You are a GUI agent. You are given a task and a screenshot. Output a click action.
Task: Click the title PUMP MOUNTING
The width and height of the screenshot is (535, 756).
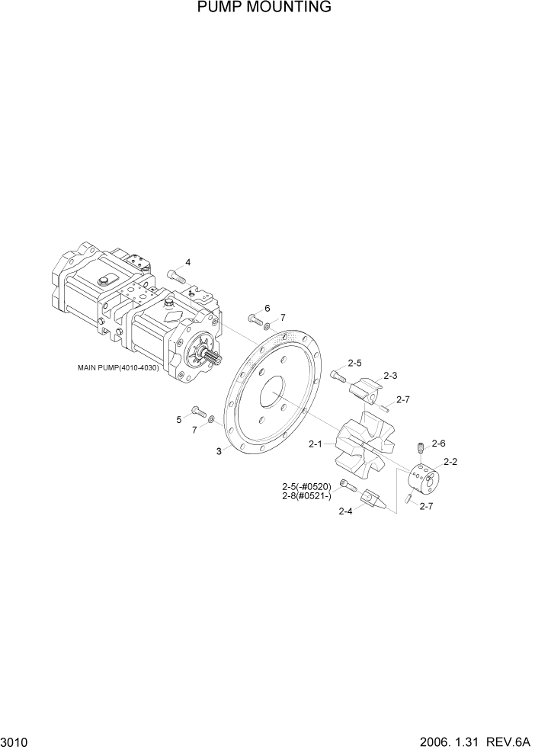click(x=264, y=8)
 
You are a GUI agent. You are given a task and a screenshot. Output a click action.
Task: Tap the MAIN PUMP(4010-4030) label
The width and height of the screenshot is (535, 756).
click(x=118, y=367)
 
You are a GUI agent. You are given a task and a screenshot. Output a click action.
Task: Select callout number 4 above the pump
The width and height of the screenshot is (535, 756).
click(x=188, y=262)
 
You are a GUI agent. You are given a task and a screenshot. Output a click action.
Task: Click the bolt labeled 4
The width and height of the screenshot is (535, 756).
click(x=175, y=276)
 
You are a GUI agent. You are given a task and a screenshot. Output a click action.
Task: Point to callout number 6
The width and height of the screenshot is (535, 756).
click(x=267, y=308)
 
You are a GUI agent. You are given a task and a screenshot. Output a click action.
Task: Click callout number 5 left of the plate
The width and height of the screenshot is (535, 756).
click(x=179, y=419)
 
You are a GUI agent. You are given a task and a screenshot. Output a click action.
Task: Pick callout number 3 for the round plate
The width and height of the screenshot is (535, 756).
click(x=219, y=451)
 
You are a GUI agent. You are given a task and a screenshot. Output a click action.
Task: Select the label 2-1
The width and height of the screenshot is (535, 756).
click(x=316, y=444)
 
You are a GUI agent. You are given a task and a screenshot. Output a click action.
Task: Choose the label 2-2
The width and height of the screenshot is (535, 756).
click(x=450, y=462)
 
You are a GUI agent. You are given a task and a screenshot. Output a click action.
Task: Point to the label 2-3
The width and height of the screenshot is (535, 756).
click(x=391, y=375)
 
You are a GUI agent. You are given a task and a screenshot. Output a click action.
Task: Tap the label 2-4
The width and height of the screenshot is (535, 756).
click(x=346, y=511)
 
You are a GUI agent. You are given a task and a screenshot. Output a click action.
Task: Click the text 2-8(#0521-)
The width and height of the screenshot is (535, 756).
click(x=306, y=496)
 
